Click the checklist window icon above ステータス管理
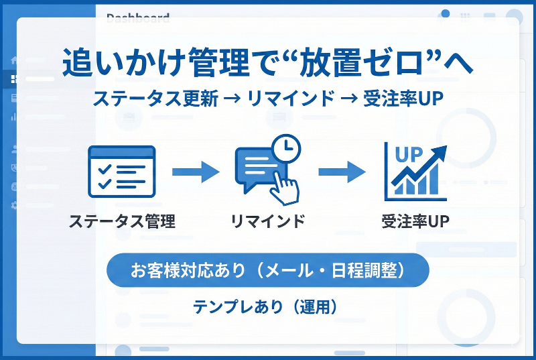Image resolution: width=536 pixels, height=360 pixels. click(121, 171)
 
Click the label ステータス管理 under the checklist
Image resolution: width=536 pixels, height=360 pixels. click(122, 221)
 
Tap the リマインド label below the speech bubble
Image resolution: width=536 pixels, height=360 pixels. click(267, 221)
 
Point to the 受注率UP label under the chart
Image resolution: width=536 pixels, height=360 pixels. click(415, 221)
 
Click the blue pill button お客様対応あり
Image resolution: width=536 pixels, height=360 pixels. click(267, 270)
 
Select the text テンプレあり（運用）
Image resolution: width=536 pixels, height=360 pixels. click(268, 306)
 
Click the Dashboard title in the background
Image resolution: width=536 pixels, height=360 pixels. click(137, 18)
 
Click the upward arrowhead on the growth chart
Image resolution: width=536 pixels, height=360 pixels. click(440, 152)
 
